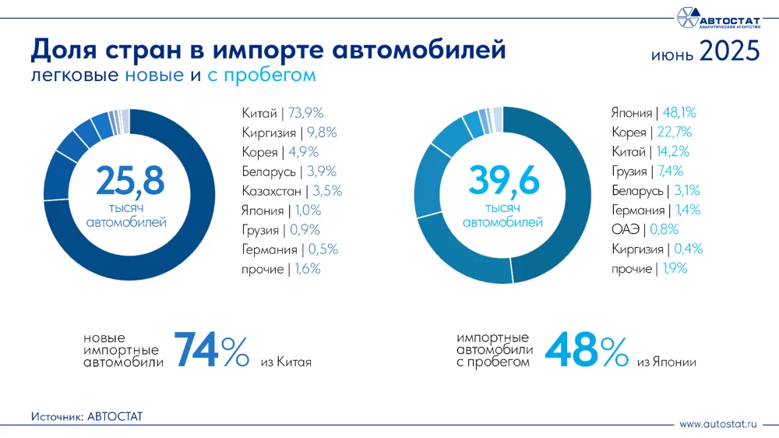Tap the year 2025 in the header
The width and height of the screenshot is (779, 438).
728,51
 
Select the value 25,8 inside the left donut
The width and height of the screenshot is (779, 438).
130,180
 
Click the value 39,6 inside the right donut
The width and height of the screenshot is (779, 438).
503,180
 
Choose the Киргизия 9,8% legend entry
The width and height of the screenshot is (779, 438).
289,132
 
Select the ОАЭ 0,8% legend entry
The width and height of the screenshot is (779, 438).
645,229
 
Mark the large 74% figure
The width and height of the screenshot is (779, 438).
211,350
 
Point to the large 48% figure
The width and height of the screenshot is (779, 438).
586,350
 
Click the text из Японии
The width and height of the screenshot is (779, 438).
666,362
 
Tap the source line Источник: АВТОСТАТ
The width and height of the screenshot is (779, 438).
87,417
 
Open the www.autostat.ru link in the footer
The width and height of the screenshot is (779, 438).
717,424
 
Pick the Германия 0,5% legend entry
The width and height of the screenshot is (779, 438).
290,249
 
